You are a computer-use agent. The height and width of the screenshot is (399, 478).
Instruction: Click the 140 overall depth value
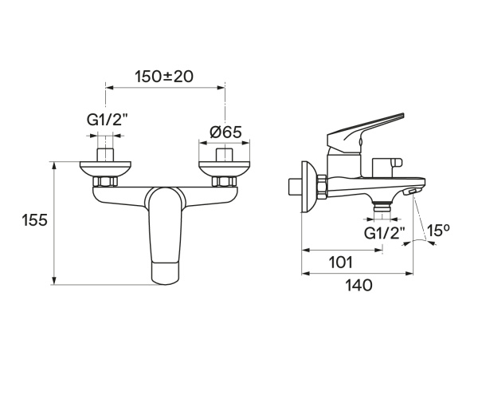pyautogui.click(x=357, y=285)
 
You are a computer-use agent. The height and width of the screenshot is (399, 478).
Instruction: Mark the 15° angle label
pyautogui.click(x=439, y=231)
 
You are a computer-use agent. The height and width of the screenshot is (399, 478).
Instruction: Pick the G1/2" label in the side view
pyautogui.click(x=385, y=233)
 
